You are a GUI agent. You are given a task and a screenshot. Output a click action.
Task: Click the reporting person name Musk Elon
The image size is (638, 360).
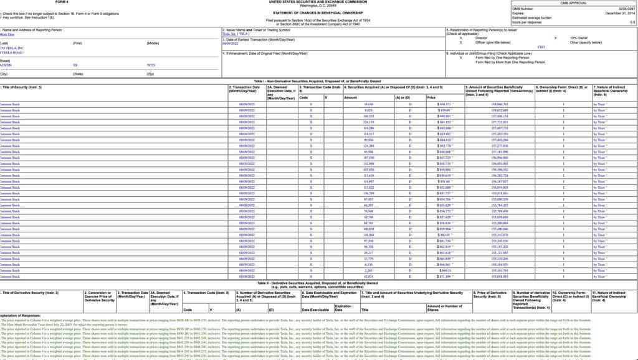click(x=8, y=35)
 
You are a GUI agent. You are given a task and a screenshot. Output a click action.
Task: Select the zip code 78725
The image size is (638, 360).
click(x=151, y=65)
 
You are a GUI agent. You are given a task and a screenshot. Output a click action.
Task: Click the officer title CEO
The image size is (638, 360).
click(x=541, y=47)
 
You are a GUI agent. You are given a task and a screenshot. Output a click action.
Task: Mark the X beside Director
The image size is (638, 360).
click(x=461, y=38)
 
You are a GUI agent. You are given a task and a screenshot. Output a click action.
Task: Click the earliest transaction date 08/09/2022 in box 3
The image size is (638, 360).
click(x=230, y=44)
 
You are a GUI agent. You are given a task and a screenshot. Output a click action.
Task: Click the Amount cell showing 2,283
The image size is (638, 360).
click(x=368, y=270)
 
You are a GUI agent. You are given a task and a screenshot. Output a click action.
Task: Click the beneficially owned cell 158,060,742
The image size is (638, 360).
click(x=500, y=104)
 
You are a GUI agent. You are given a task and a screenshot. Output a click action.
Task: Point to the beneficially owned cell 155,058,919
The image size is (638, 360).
click(x=500, y=277)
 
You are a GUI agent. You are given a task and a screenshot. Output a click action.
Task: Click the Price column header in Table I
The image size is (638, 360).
click(x=432, y=98)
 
